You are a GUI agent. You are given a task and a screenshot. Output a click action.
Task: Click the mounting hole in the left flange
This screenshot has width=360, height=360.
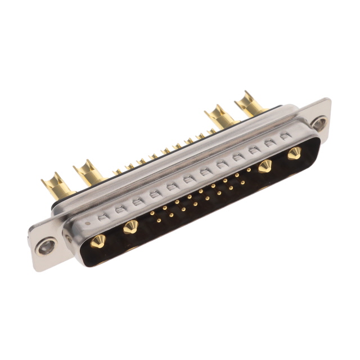46,245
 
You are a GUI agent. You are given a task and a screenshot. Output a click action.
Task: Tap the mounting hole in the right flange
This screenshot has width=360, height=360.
319,123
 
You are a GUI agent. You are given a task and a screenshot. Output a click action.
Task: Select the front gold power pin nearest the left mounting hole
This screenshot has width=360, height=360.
98,241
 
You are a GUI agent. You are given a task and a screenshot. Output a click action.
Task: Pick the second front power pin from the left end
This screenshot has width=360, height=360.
130,227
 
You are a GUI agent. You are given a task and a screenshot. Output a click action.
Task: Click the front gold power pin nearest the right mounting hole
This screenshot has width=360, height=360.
294,153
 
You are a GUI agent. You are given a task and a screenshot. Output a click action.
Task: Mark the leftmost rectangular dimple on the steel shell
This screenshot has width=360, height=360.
102,216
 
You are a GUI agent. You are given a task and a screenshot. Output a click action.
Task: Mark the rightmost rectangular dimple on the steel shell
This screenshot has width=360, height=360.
285,136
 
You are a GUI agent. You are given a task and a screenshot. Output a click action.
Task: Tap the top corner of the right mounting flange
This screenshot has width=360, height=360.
327,100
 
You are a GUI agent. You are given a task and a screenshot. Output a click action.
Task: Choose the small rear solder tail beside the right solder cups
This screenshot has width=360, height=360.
211,132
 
